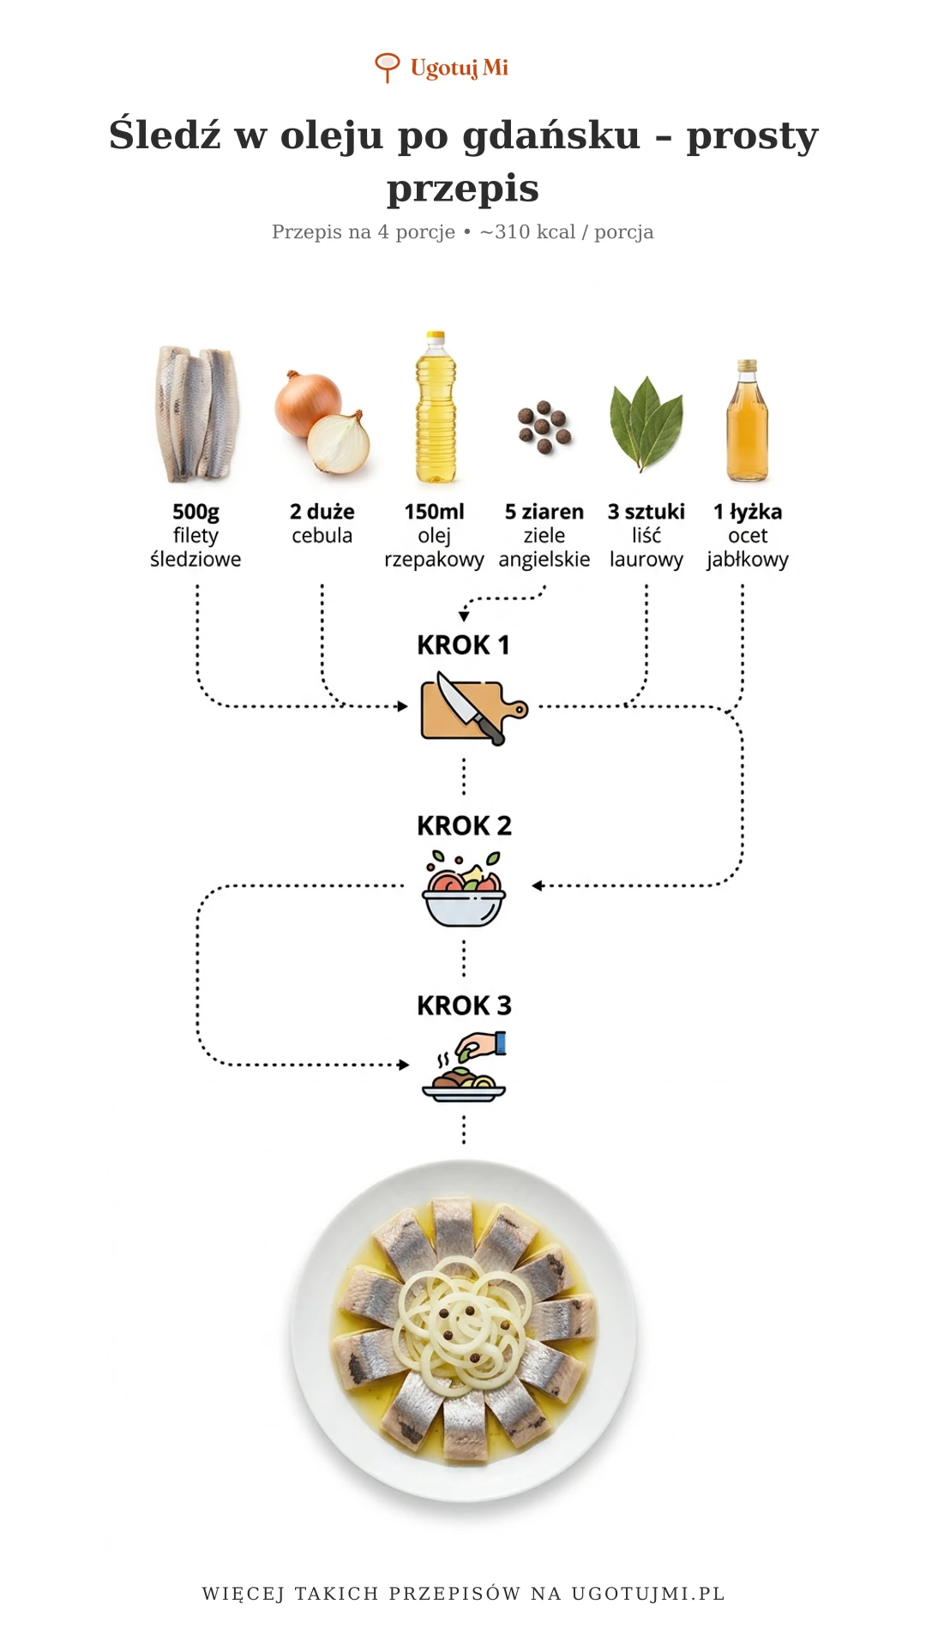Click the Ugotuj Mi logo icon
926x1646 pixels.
[x=388, y=67]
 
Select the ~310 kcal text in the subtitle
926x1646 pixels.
[x=527, y=231]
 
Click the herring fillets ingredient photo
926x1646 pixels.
[x=196, y=414]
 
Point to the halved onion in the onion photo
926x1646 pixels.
[x=339, y=443]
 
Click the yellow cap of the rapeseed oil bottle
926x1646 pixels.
[x=436, y=337]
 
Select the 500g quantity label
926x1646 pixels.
[x=195, y=512]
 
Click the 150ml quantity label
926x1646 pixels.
[x=434, y=512]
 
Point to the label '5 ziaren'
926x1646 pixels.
[x=544, y=512]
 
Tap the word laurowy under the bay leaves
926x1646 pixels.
[x=646, y=560]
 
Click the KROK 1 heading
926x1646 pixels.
[x=463, y=645]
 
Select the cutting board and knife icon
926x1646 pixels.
[x=473, y=708]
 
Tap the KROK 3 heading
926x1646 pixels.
[x=464, y=1006]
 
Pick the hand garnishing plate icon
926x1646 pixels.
[x=464, y=1066]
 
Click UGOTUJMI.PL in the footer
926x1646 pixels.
[x=648, y=1594]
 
